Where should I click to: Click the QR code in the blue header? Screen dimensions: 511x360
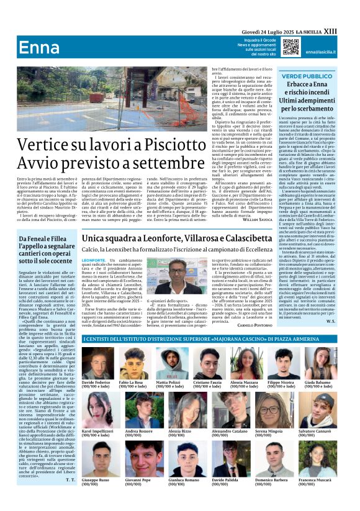click(290, 47)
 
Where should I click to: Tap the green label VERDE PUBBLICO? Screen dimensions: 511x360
click(307, 75)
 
